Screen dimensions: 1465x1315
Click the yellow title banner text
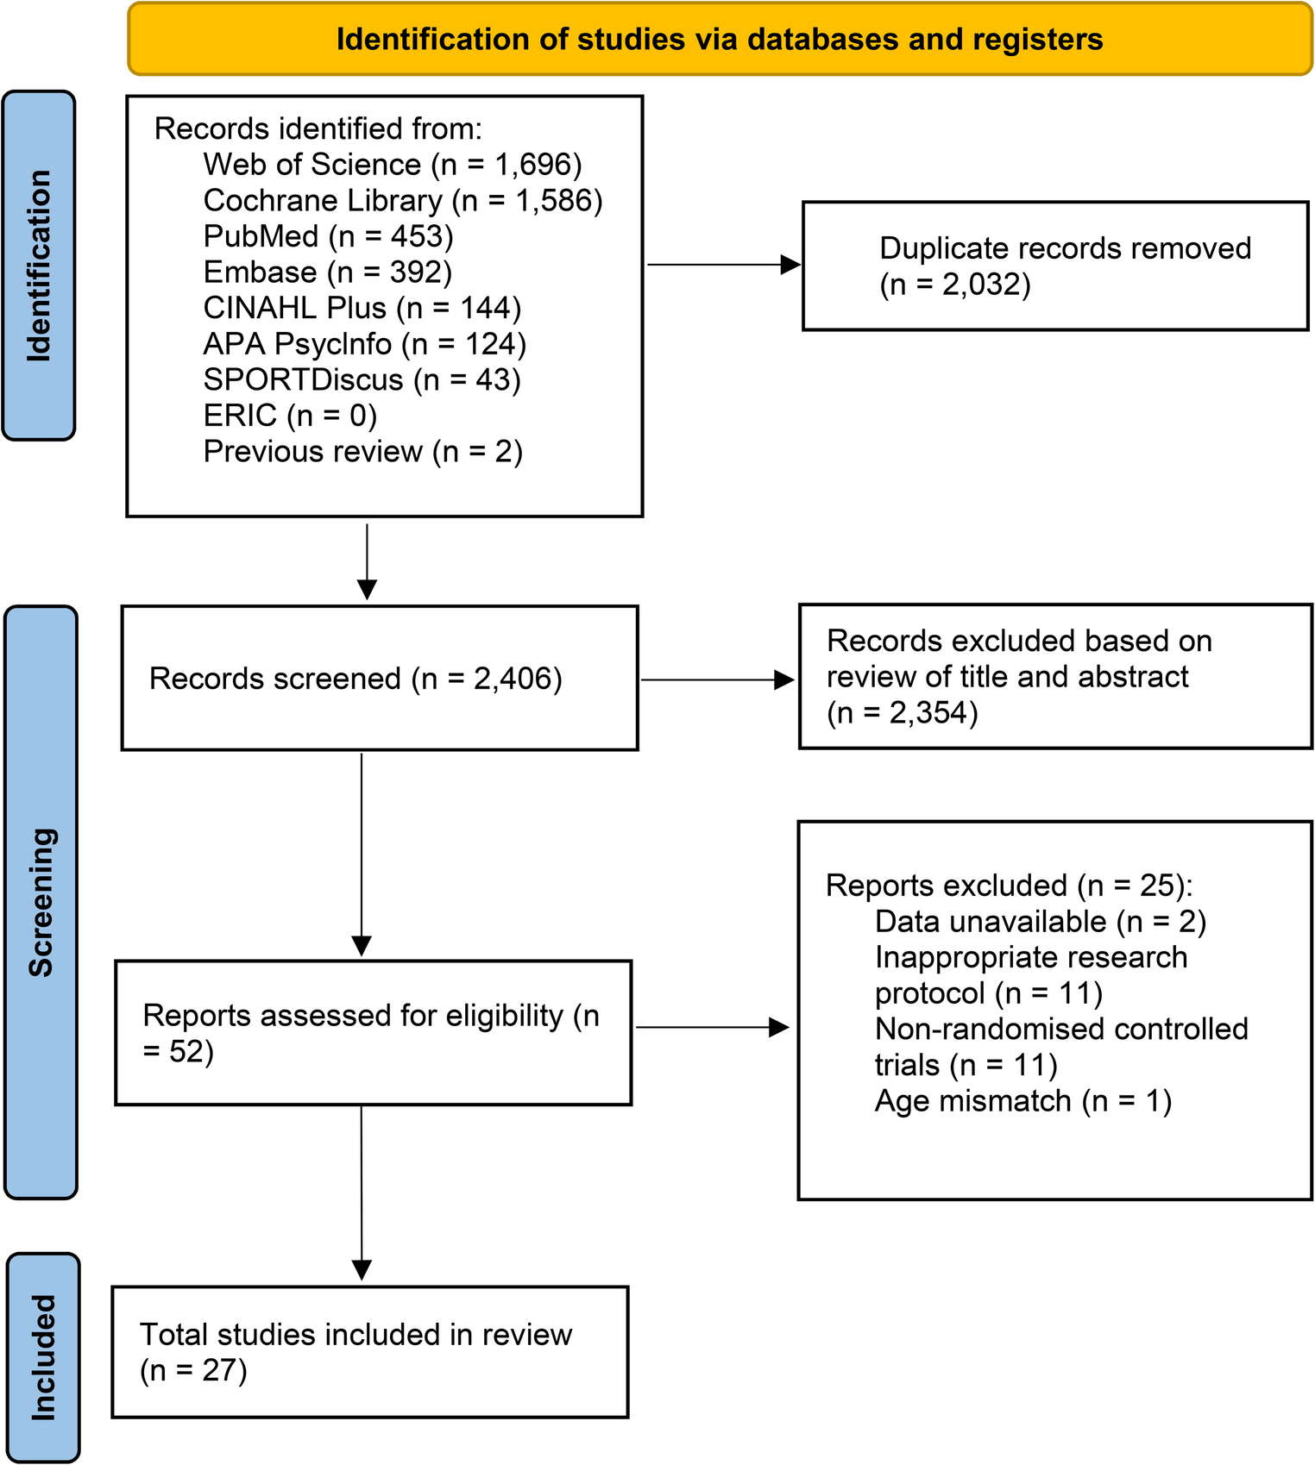point(719,40)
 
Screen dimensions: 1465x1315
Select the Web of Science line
point(392,165)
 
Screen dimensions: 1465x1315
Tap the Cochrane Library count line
point(402,201)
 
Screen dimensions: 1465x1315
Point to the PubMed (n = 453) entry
point(328,236)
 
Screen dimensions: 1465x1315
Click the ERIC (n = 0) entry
point(290,416)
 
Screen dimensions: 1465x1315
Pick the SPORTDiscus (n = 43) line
point(362,379)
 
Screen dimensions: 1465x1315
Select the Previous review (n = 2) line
point(362,452)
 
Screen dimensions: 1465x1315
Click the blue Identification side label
point(39,266)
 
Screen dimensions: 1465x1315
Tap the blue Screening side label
point(41,902)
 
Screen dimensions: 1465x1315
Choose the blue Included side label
point(43,1357)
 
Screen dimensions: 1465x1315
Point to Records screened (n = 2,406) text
point(355,679)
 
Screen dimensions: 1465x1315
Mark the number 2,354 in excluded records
point(933,713)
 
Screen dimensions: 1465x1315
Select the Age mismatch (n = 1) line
point(1022,1101)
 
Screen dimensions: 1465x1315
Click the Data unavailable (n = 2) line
point(1040,922)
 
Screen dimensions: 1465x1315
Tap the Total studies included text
point(355,1335)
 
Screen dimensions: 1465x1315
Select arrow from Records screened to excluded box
point(716,680)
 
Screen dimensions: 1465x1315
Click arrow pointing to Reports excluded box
point(712,1027)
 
